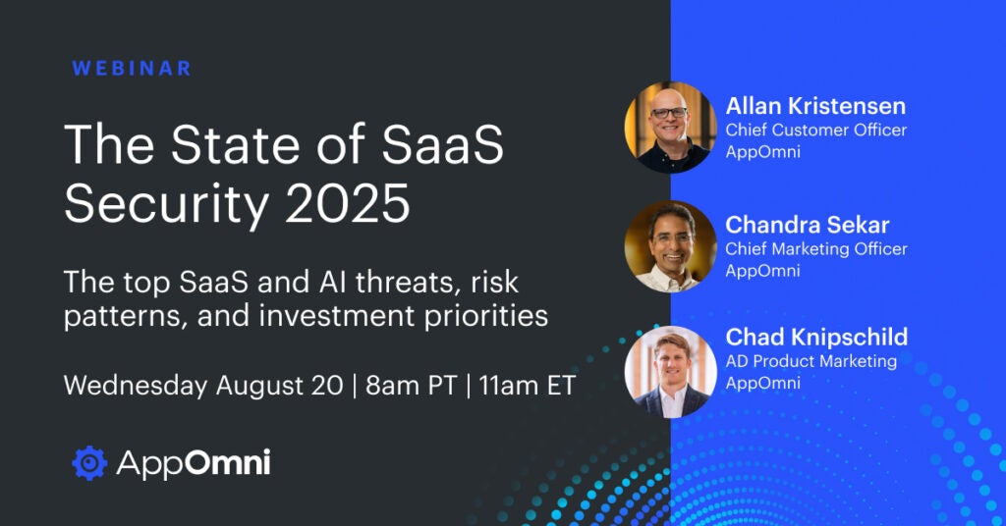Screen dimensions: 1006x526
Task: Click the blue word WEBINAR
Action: tap(132, 69)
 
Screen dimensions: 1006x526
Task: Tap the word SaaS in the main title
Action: tap(443, 144)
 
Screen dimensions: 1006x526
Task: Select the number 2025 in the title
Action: tap(347, 202)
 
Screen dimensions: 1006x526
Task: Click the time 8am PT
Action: tap(412, 386)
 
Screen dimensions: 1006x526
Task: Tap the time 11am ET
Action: tap(527, 386)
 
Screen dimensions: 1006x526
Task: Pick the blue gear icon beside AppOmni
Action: tap(89, 462)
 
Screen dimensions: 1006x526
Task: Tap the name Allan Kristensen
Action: tap(815, 106)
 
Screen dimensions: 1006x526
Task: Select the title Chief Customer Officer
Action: tap(816, 131)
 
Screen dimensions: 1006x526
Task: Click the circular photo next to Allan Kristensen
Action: tap(670, 127)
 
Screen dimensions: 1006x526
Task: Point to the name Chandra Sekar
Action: tap(808, 225)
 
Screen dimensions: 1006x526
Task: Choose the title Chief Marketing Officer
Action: tap(816, 248)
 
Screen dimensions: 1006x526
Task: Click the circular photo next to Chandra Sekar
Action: tap(670, 246)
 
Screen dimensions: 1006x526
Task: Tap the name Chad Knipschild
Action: tap(816, 337)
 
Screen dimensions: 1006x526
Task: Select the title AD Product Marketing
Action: tap(810, 361)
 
